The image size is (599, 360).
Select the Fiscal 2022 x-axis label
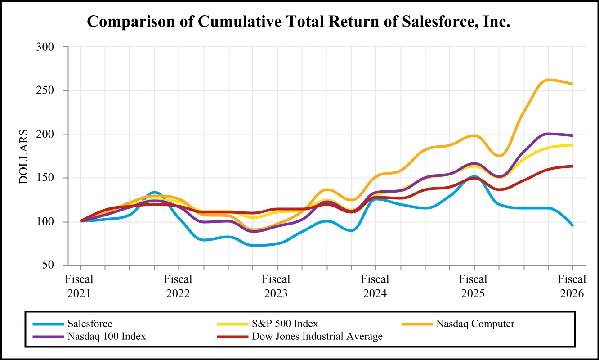(179, 286)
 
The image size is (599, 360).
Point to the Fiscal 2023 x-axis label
(277, 286)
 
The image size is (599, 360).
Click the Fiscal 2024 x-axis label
(375, 286)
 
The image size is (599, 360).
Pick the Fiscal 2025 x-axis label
(474, 286)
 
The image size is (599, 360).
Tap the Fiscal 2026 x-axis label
(572, 286)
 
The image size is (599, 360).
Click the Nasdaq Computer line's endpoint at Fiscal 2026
(572, 84)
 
